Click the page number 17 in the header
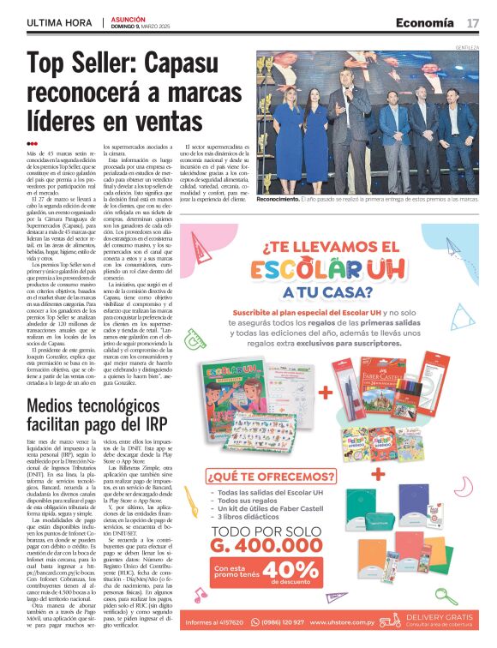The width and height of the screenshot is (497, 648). tap(472, 22)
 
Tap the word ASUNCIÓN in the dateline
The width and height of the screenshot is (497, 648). tap(130, 18)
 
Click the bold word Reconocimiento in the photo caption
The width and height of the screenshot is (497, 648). tap(278, 198)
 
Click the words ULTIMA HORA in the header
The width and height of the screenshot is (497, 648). tap(59, 22)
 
